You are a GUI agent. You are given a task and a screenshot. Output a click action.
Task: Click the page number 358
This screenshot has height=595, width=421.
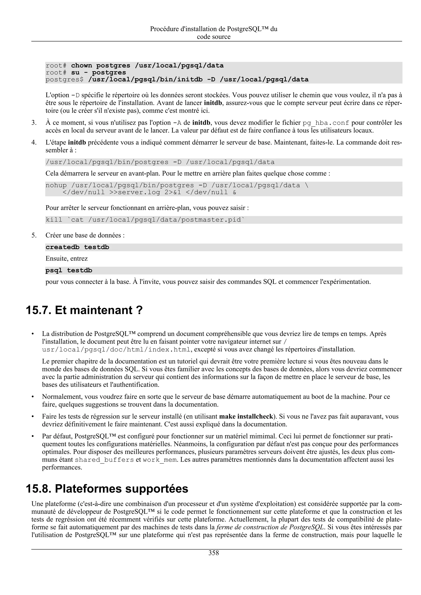coord(214,553)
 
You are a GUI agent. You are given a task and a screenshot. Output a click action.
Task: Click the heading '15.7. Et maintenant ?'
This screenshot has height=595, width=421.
coord(84,310)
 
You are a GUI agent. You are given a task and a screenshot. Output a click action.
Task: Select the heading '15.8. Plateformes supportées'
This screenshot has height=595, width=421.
coord(107,489)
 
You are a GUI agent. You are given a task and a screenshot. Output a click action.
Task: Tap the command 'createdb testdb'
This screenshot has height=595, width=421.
coord(77,247)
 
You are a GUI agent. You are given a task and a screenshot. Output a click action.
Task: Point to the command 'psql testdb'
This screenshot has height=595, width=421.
coord(69,271)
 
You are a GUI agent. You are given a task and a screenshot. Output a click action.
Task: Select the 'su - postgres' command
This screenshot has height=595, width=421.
coord(99,72)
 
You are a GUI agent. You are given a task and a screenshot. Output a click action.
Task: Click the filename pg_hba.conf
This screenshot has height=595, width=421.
coord(326,123)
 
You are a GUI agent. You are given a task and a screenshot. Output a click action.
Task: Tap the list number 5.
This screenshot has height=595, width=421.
coord(34,235)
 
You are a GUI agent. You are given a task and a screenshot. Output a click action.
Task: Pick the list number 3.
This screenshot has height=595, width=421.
coord(34,123)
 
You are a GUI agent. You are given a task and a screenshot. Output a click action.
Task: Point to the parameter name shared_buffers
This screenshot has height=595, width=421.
coord(104,460)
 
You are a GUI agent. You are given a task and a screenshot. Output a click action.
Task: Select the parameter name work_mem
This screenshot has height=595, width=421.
coord(160,460)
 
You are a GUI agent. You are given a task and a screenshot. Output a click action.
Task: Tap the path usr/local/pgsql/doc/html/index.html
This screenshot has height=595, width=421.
coord(117,350)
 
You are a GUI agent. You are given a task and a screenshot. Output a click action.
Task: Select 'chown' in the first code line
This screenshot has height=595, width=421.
coord(81,65)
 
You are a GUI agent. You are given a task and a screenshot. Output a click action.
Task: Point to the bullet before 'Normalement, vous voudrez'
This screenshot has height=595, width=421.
coord(33,397)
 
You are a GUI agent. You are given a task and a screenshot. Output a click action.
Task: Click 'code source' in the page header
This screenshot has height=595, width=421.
coord(214,37)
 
